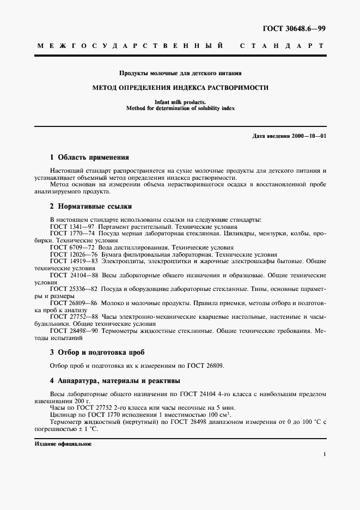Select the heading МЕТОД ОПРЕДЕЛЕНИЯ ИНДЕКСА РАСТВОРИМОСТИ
click(180, 87)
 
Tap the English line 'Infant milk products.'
click(180, 101)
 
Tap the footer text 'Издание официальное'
click(63, 444)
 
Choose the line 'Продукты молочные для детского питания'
click(180, 72)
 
